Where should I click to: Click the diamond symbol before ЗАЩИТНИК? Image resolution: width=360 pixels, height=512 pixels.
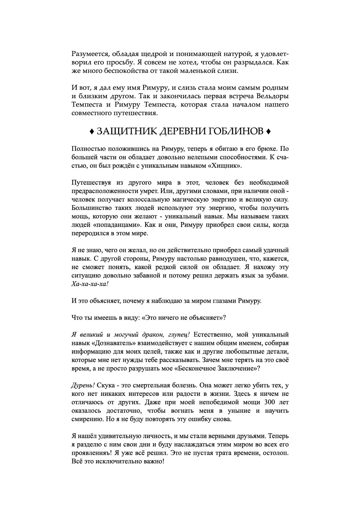click(x=92, y=131)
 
